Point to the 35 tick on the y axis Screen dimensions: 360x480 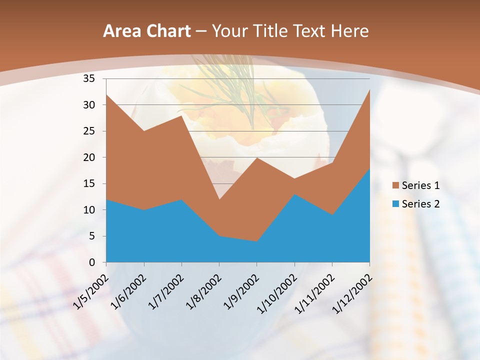click(89, 78)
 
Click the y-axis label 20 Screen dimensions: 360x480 click(89, 157)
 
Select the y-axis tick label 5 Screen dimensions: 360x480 click(92, 236)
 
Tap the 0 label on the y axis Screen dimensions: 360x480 click(92, 262)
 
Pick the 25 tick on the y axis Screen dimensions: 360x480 click(89, 131)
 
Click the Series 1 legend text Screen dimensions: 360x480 click(420, 185)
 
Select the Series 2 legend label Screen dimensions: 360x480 click(420, 203)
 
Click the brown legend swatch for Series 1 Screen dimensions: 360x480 click(396, 185)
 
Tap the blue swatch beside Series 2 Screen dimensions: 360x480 click(396, 203)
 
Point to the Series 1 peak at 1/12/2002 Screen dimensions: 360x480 click(369, 89)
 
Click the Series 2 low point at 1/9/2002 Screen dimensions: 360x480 click(256, 241)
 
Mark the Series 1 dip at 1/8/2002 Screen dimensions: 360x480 click(219, 199)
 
